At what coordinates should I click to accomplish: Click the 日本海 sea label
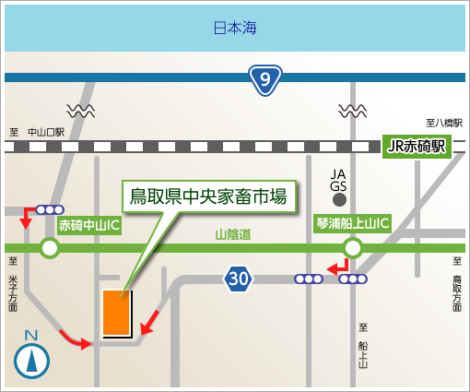pyautogui.click(x=235, y=28)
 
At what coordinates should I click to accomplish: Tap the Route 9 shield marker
pyautogui.click(x=265, y=80)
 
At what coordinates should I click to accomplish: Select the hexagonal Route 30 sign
pyautogui.click(x=238, y=279)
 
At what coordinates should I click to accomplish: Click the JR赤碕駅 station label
pyautogui.click(x=417, y=147)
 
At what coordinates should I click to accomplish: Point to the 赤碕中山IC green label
pyautogui.click(x=89, y=225)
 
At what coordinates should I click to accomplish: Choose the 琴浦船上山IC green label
pyautogui.click(x=353, y=223)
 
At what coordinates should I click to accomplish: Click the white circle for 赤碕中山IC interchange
pyautogui.click(x=50, y=248)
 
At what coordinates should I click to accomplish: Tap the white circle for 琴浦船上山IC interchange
pyautogui.click(x=353, y=248)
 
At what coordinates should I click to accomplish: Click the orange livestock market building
pyautogui.click(x=118, y=314)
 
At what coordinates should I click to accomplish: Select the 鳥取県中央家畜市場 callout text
pyautogui.click(x=208, y=196)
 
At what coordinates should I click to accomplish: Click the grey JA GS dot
pyautogui.click(x=339, y=200)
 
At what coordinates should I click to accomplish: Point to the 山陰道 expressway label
pyautogui.click(x=233, y=234)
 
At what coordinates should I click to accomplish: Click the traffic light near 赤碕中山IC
pyautogui.click(x=50, y=210)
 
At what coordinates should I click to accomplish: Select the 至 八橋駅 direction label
pyautogui.click(x=444, y=124)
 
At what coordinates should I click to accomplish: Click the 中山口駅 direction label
pyautogui.click(x=46, y=132)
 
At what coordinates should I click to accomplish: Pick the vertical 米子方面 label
pyautogui.click(x=13, y=293)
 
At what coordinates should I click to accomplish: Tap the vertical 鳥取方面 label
pyautogui.click(x=457, y=293)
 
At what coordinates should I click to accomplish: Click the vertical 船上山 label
pyautogui.click(x=363, y=354)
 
